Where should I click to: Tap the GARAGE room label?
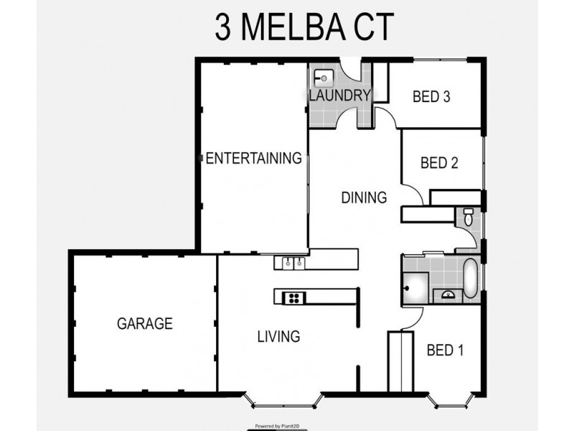144,323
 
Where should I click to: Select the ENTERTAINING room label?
253,158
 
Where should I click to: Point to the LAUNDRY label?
339,95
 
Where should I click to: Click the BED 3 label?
431,98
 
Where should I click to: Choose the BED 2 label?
439,163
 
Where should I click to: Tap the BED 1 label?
445,350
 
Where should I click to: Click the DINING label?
364,197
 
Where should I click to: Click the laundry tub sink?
322,75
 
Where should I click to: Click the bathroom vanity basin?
447,292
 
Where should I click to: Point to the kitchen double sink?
292,262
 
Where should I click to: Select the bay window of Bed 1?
451,399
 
